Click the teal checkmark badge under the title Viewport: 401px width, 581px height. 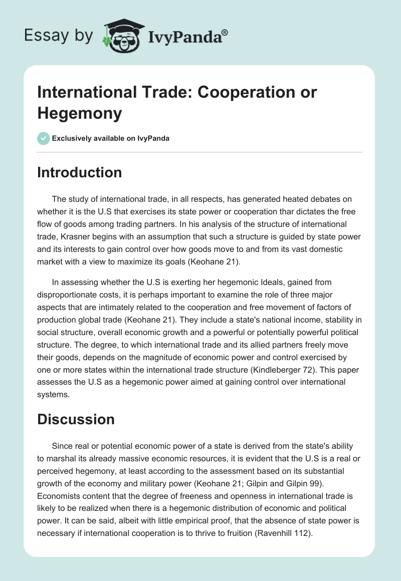[x=44, y=138]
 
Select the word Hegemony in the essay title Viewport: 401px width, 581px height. [x=80, y=113]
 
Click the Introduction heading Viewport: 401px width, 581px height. [x=79, y=172]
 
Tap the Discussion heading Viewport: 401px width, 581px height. [x=76, y=419]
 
